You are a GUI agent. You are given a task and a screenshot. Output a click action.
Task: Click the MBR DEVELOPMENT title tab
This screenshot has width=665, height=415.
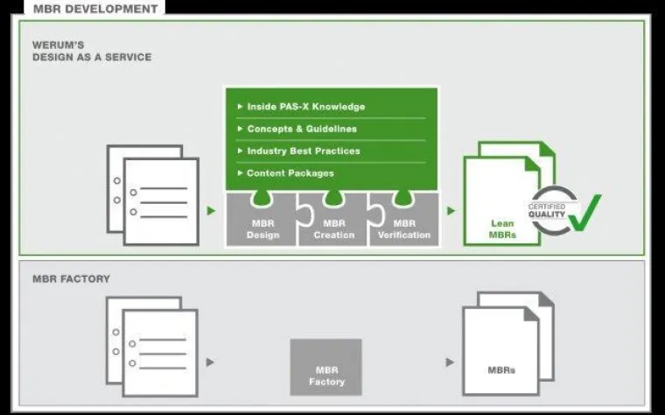(96, 9)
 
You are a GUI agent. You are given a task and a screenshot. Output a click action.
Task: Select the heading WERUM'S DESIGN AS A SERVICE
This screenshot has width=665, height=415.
(91, 51)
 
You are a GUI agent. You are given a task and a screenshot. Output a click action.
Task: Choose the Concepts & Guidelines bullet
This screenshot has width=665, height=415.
(302, 129)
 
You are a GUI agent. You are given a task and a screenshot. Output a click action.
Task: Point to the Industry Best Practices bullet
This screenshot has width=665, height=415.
(304, 151)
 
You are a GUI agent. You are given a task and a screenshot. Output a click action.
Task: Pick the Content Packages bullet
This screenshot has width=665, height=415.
(290, 172)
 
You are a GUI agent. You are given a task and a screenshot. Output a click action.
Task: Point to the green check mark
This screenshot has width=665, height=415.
(584, 213)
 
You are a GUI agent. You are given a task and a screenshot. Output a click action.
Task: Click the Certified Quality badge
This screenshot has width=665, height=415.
(549, 211)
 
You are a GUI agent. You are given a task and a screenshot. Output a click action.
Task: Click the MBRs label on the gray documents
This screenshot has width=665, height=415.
(500, 370)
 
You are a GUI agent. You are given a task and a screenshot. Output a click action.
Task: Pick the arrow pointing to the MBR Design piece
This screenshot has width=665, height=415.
(210, 211)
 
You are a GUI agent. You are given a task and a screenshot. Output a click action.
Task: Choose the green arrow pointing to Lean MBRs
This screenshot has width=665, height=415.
(451, 211)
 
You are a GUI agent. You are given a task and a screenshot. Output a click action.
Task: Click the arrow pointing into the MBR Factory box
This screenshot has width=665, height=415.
(210, 362)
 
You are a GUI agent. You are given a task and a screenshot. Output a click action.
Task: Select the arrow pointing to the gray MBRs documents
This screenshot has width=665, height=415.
(450, 362)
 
